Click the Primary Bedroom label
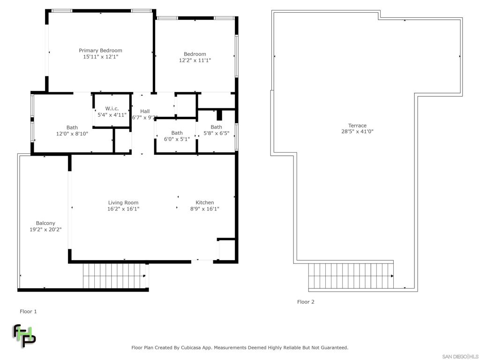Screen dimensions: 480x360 100,51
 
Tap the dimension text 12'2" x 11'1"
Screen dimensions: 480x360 195,60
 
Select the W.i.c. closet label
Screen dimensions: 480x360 112,108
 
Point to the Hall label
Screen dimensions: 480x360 145,111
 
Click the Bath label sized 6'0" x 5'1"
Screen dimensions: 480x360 177,133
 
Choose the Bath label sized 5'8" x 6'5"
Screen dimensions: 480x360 217,127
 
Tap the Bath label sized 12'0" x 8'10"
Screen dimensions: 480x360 72,127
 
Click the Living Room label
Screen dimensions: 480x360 123,202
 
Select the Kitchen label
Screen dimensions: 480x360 205,202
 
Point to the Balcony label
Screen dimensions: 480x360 45,224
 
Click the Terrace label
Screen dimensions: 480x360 357,126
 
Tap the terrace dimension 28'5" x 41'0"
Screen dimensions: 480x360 357,132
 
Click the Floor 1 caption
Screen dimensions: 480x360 28,312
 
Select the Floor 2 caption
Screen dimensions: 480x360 306,302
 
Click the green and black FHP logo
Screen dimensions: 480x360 24,336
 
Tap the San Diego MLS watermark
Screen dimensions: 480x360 460,357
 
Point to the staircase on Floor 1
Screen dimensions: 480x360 114,276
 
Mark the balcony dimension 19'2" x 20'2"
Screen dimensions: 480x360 45,230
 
